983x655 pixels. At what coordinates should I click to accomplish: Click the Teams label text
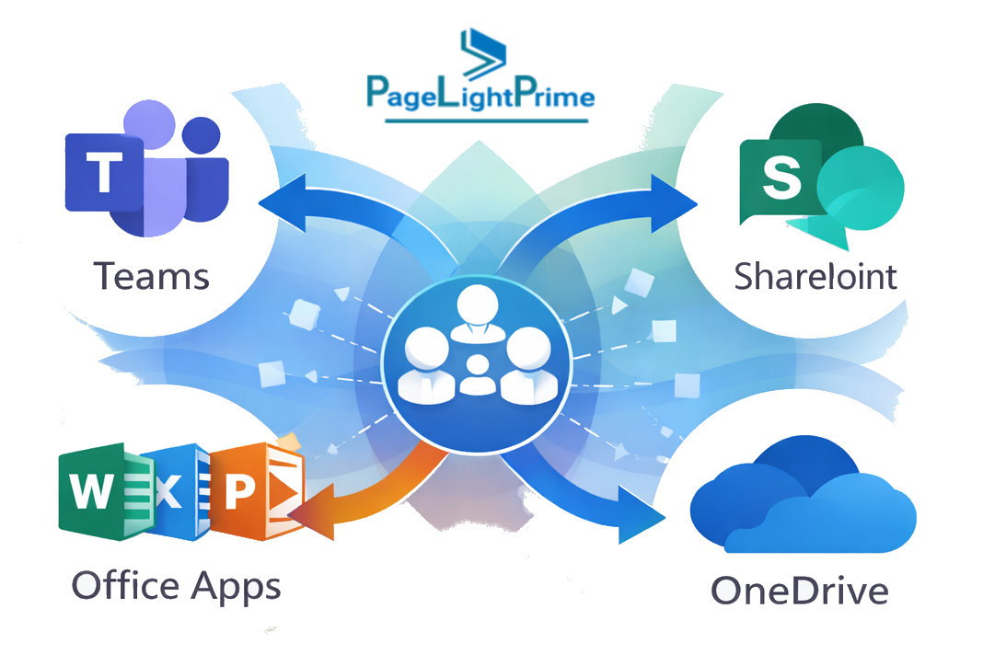point(153,275)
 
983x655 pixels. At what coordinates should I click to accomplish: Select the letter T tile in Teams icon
point(102,172)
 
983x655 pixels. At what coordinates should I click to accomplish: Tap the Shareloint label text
point(815,275)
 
